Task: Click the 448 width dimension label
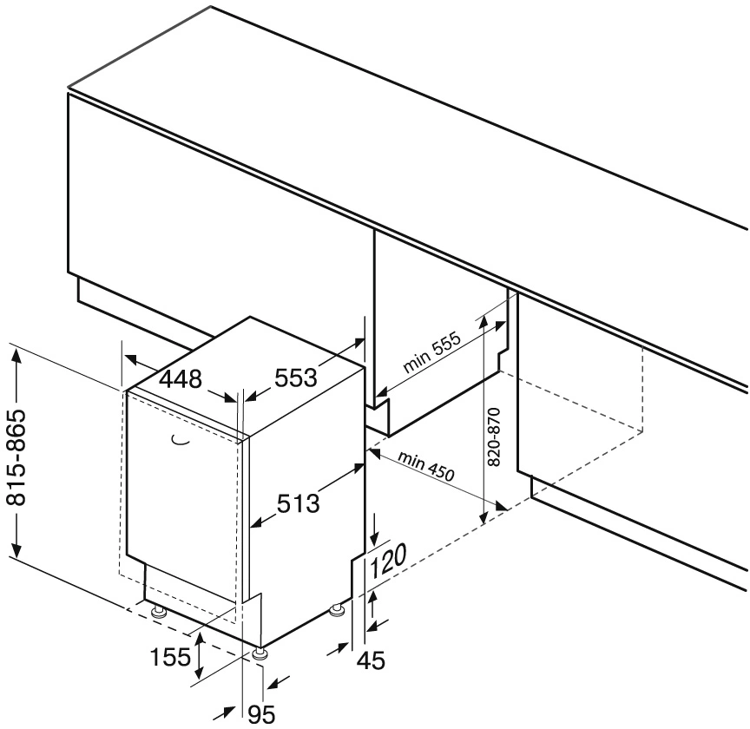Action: pyautogui.click(x=181, y=380)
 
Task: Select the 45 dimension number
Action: pyautogui.click(x=371, y=660)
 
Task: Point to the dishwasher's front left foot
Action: pyautogui.click(x=157, y=613)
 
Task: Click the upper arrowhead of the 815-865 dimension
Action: pyautogui.click(x=16, y=350)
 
